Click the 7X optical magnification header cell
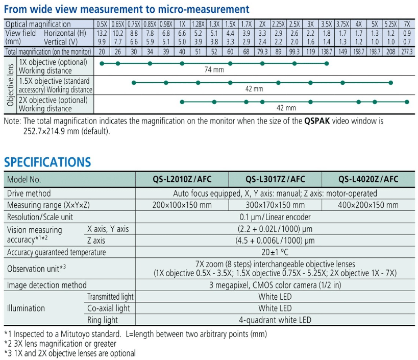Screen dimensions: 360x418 [x=407, y=24]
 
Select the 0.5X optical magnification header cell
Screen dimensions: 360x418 [x=102, y=24]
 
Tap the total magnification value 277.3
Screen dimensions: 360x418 [x=407, y=52]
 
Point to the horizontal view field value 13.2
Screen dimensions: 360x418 [x=102, y=33]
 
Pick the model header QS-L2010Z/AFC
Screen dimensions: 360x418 [x=182, y=179]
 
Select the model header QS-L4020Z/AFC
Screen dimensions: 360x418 [x=368, y=179]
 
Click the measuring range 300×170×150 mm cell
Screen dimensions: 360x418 [x=275, y=205]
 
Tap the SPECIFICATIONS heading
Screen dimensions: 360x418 [x=47, y=162]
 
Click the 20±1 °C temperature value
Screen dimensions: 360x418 [x=275, y=252]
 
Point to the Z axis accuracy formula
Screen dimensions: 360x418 [x=275, y=240]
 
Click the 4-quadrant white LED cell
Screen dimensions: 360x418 [x=275, y=320]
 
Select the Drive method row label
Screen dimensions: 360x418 [x=29, y=193]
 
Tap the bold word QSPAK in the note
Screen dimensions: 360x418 [x=319, y=122]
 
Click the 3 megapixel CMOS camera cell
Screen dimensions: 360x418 [x=275, y=285]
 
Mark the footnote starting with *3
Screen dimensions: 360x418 [x=70, y=353]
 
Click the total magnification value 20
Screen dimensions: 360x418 [x=102, y=52]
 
